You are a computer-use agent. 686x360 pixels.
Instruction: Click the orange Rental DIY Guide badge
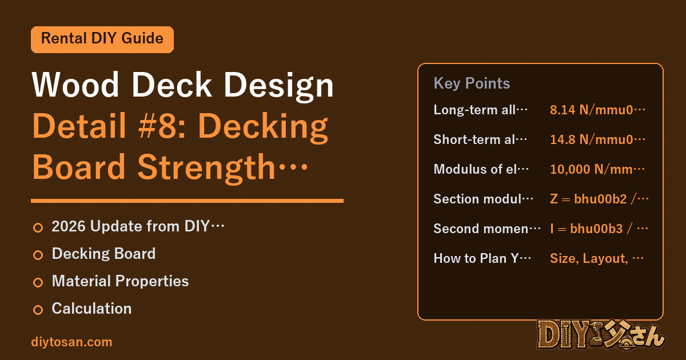[102, 39]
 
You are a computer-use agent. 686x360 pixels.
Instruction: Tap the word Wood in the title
[75, 85]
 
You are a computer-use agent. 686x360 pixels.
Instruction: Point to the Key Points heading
[472, 83]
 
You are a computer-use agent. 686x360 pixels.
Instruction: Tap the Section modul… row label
[483, 199]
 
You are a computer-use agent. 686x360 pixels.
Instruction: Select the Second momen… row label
[487, 229]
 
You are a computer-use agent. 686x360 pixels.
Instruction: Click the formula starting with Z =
[599, 199]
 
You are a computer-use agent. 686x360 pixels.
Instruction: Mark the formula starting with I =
[599, 229]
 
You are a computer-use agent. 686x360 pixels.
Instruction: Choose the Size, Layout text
[589, 258]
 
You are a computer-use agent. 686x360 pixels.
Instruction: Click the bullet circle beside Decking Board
[38, 255]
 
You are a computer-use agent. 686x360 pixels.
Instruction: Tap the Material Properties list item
[121, 281]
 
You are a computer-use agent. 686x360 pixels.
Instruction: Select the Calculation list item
[91, 308]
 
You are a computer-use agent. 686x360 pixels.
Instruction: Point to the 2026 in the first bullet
[69, 226]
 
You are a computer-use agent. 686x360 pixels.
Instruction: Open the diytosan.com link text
[71, 342]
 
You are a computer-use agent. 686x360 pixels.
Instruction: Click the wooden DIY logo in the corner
[601, 335]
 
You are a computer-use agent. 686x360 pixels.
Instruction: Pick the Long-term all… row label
[480, 110]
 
